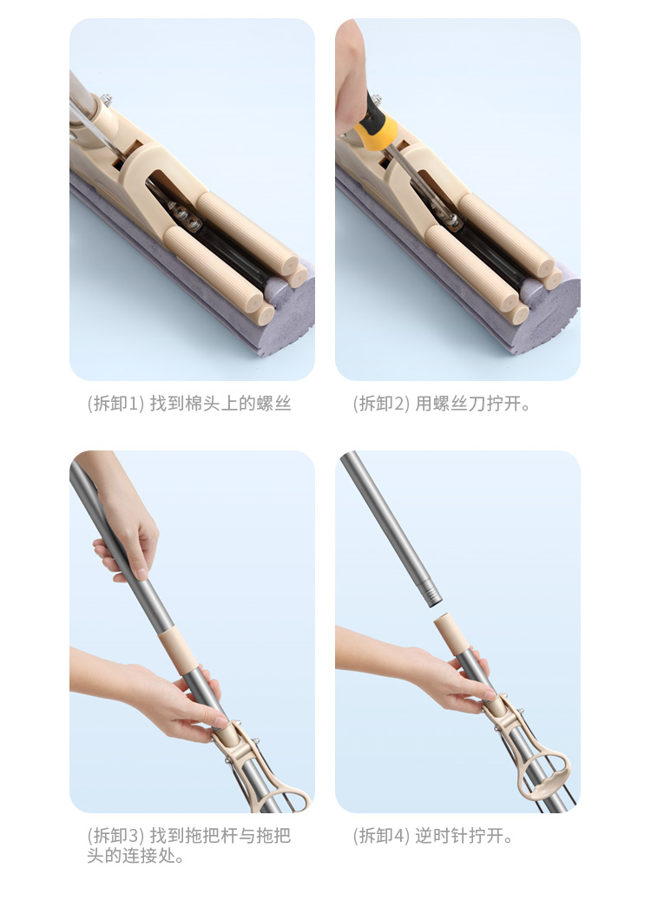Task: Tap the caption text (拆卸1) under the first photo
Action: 188,404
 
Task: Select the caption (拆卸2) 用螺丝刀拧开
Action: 442,404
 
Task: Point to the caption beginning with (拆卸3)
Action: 188,845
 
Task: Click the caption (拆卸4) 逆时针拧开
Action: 433,836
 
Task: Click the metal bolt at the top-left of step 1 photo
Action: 105,100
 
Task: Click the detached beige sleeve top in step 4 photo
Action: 449,634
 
